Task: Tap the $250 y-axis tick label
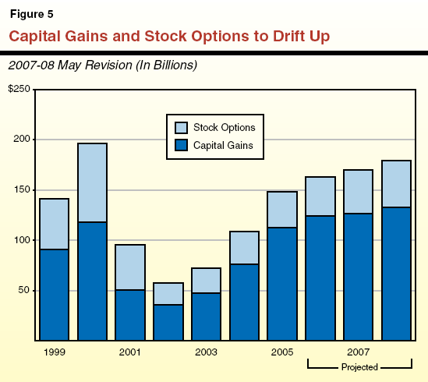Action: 19,90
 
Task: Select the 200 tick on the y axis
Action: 23,140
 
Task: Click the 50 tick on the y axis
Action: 25,291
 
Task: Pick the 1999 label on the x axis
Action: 54,352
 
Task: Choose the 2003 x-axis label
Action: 207,352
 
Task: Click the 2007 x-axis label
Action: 359,352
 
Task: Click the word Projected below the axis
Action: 359,367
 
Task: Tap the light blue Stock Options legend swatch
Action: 180,128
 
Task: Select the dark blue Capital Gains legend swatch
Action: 180,144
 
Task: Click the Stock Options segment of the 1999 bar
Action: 54,224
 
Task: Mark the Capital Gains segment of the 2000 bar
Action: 92,281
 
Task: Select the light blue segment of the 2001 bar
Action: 130,267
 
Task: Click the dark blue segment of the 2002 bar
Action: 168,322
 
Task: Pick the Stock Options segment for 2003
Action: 207,280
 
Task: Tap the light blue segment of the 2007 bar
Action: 359,192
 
